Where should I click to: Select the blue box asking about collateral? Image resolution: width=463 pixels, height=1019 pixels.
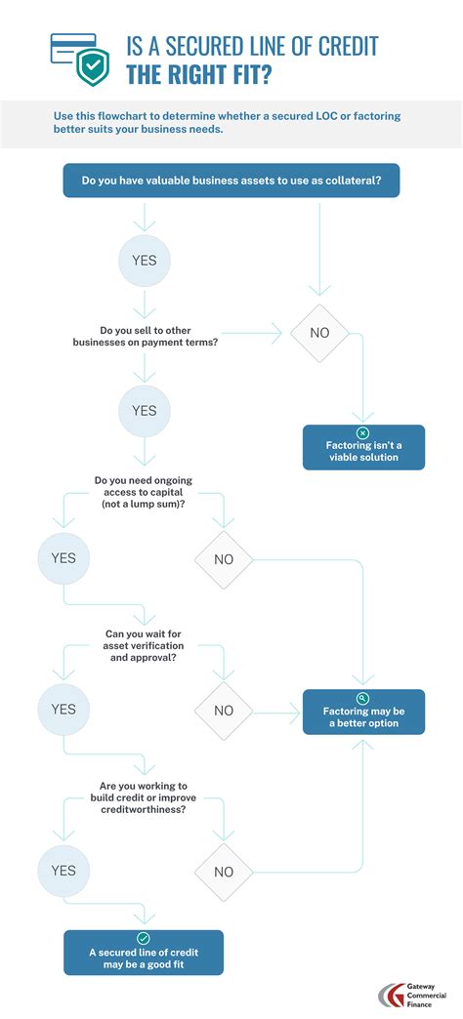click(x=231, y=181)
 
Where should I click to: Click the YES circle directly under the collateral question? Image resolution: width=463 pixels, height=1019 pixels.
click(x=145, y=261)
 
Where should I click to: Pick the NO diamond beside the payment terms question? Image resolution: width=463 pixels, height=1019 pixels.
click(x=319, y=333)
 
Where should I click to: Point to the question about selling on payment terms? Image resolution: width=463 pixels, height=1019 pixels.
click(x=144, y=338)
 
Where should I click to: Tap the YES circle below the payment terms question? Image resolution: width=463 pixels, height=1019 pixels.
click(x=145, y=410)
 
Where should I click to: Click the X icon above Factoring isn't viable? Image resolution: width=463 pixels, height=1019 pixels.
click(x=363, y=432)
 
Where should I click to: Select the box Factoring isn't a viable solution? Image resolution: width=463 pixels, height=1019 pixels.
click(x=363, y=448)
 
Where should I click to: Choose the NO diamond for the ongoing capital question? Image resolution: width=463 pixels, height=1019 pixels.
click(x=224, y=560)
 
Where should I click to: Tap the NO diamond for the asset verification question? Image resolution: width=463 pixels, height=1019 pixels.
click(x=224, y=711)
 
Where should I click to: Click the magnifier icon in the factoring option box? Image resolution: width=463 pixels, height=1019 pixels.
click(x=363, y=698)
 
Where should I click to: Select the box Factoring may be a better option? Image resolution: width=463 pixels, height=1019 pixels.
click(x=363, y=713)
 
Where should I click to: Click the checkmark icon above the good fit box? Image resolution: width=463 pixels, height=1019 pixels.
click(x=144, y=937)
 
